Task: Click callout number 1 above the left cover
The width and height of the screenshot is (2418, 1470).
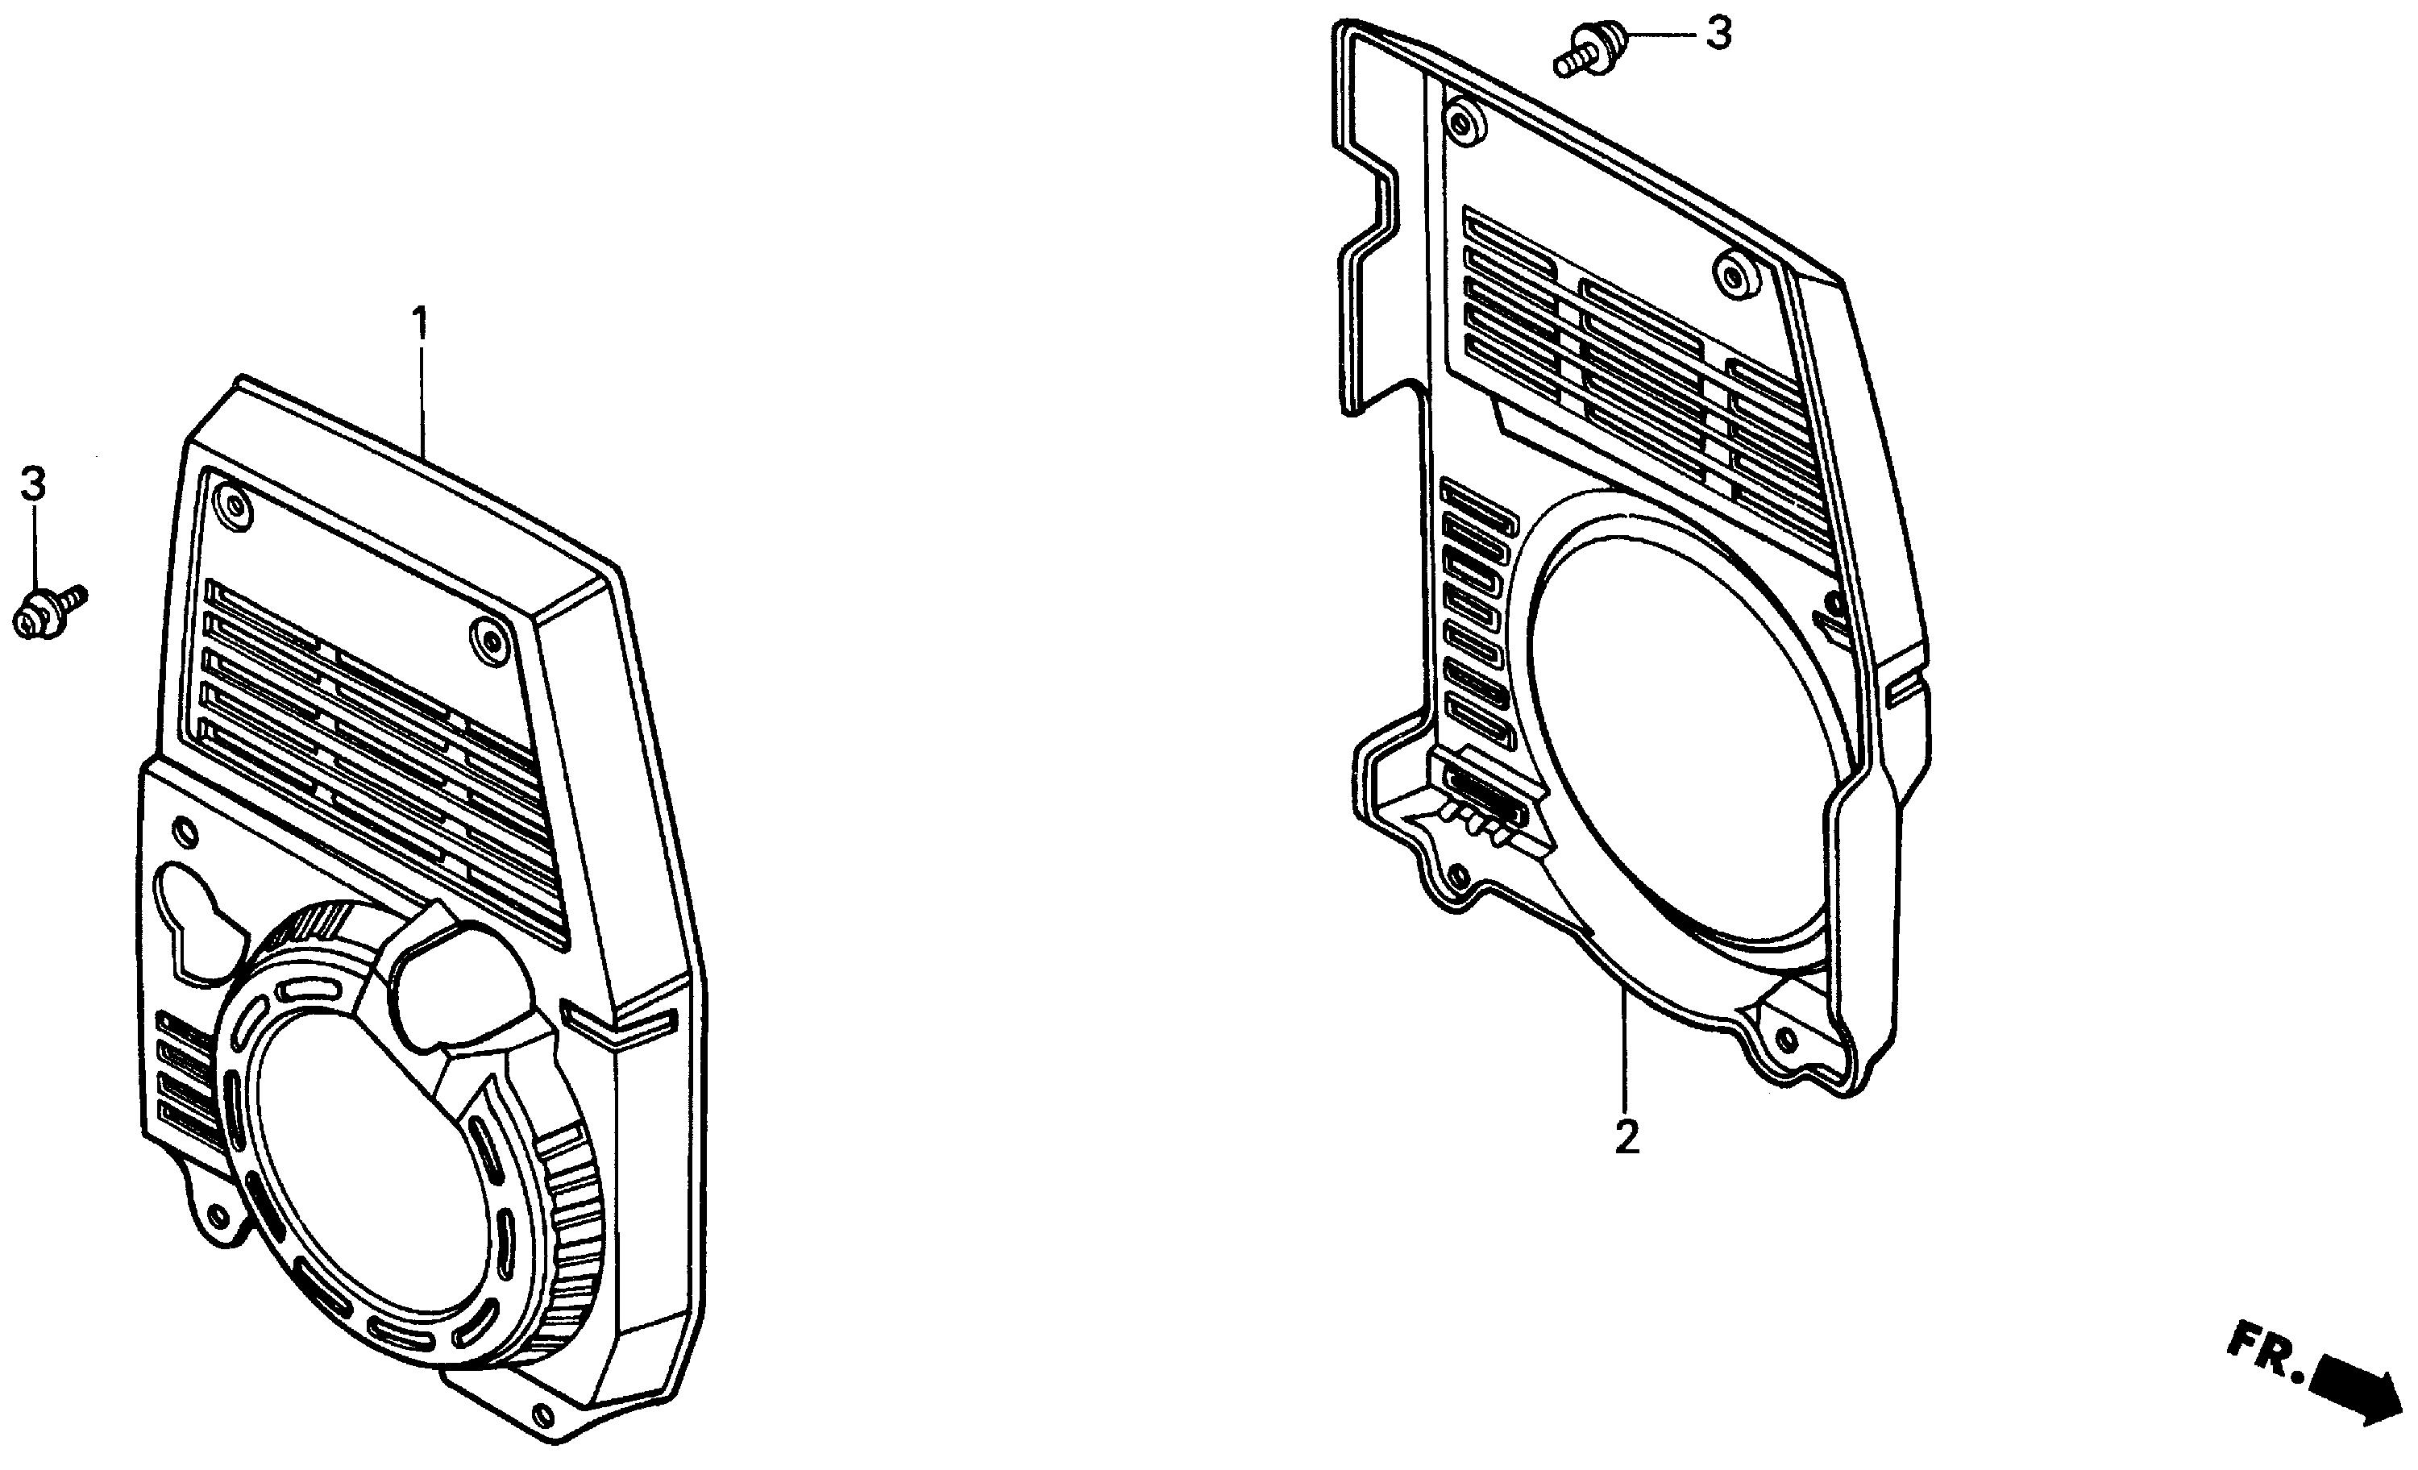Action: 420,322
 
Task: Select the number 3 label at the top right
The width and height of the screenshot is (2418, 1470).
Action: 1718,35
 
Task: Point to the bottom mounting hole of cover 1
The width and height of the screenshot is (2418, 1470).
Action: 542,1415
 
